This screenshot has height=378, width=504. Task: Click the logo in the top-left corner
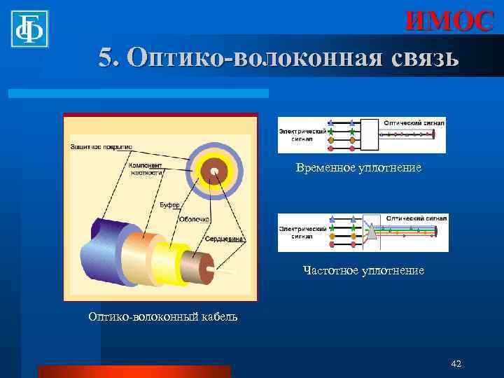click(x=29, y=29)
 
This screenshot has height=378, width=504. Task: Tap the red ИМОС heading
click(x=449, y=20)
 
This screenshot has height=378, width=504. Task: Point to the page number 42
click(x=456, y=363)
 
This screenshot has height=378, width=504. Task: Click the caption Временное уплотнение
click(x=358, y=168)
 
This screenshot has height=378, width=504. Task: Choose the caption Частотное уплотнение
click(x=363, y=269)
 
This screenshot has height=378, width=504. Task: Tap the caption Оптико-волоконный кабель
click(x=163, y=316)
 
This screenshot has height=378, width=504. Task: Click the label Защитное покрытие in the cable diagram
click(x=100, y=147)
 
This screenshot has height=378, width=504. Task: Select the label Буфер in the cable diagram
click(x=169, y=204)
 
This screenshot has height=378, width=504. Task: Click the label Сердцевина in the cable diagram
click(x=224, y=239)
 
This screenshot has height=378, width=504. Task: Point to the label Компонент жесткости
click(x=146, y=169)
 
